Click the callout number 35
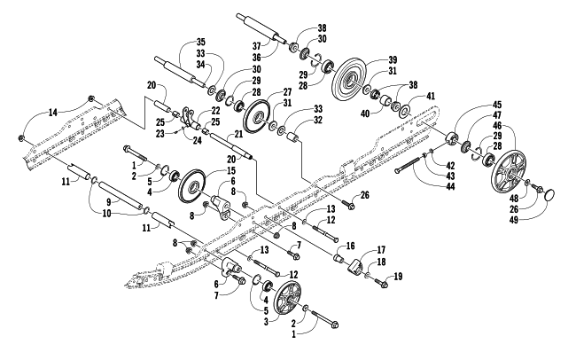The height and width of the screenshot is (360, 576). (200, 43)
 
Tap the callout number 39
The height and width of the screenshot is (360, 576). (393, 59)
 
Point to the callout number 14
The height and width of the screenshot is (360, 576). (53, 113)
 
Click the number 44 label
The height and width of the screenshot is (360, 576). (449, 187)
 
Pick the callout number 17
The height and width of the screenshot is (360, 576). (381, 250)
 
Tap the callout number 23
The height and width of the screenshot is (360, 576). (160, 134)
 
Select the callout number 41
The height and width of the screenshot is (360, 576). (430, 97)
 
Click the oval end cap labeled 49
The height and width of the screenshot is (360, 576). (549, 195)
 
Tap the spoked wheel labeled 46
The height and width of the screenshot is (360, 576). (509, 168)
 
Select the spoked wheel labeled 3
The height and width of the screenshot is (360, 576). (287, 301)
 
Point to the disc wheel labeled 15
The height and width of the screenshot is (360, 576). (191, 190)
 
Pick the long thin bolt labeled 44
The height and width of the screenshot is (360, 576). (408, 164)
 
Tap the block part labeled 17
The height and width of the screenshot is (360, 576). (355, 265)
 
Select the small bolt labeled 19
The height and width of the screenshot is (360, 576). (380, 282)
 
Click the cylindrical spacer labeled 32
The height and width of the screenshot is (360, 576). (293, 140)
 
